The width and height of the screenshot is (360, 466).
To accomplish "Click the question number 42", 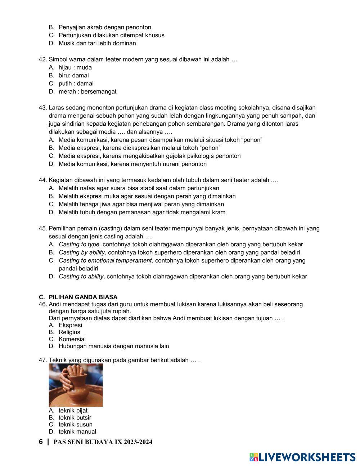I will click(x=43, y=59).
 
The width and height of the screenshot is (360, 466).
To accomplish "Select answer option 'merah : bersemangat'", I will click(x=87, y=91).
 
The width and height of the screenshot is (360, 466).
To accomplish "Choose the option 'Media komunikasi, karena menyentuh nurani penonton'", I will click(x=132, y=164).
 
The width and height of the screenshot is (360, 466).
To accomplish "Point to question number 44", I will click(x=43, y=180).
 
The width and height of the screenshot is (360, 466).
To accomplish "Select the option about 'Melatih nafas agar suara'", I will click(x=139, y=188).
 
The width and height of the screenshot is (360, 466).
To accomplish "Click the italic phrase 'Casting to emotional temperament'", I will click(x=105, y=261).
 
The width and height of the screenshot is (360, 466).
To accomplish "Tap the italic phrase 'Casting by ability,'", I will click(x=82, y=252).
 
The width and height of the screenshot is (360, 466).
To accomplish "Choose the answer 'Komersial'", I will click(x=72, y=339).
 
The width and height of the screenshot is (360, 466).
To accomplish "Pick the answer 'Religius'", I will click(x=69, y=332).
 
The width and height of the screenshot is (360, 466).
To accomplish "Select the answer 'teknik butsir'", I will click(x=75, y=418).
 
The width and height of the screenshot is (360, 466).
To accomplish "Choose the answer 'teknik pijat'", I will click(x=73, y=411).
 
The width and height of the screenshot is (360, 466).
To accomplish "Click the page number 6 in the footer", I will click(x=41, y=442).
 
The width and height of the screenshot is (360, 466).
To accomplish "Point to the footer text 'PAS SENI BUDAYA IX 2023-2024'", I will click(x=103, y=442).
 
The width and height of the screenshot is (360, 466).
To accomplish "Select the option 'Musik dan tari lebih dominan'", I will click(x=97, y=44).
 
